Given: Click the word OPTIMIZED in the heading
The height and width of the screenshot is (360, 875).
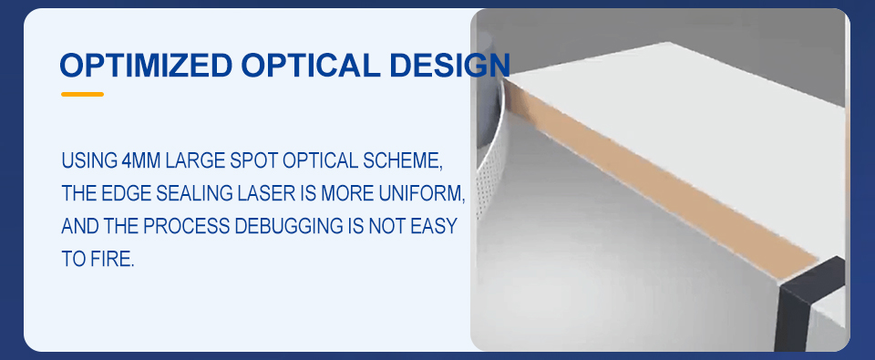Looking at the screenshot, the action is (146, 66).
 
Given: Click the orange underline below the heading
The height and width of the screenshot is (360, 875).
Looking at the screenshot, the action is (83, 94).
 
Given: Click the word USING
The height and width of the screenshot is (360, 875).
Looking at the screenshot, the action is (88, 160).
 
